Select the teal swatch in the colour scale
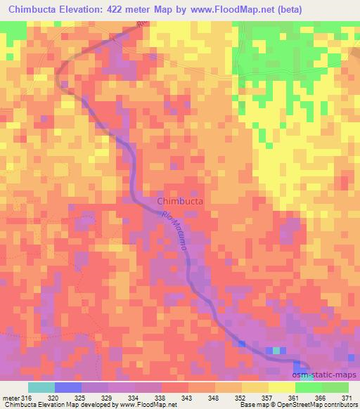click(41, 387)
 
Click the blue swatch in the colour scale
click(68, 387)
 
